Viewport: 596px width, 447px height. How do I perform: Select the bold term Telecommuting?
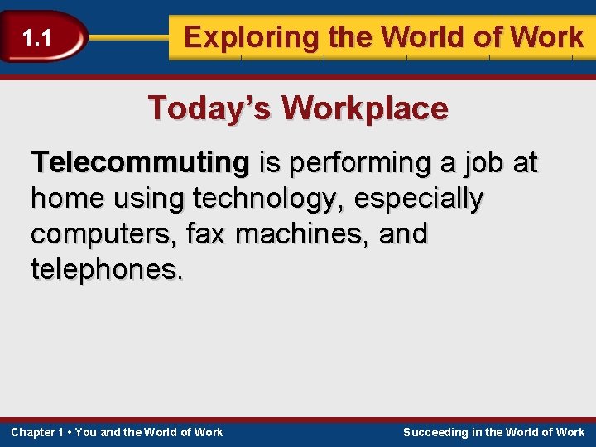[x=140, y=164]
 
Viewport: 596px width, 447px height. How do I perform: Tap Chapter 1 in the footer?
[x=37, y=432]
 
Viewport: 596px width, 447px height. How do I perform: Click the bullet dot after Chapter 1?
[x=70, y=432]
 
